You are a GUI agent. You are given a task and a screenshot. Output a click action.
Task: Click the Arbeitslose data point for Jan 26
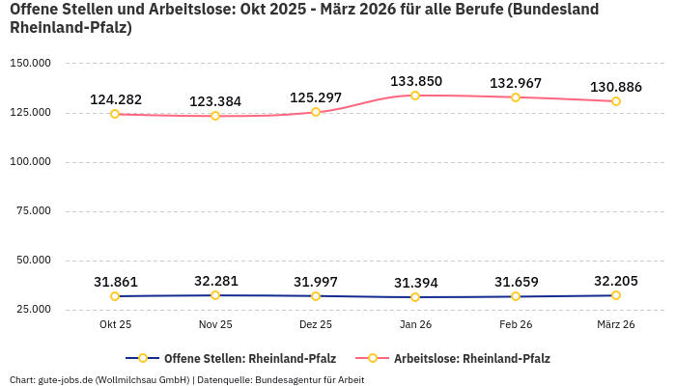(415, 96)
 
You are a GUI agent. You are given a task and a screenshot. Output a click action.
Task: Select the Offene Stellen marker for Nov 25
(215, 295)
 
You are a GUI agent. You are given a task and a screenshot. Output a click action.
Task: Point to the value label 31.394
(415, 283)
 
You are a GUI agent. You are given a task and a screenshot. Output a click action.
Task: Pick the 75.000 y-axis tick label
(33, 211)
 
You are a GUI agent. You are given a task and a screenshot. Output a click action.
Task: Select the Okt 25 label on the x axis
(115, 324)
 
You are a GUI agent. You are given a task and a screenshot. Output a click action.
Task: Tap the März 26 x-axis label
(616, 324)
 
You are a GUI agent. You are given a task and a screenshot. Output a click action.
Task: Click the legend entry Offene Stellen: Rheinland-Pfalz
(237, 358)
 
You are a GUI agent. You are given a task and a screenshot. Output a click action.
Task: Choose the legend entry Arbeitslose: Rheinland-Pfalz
(471, 358)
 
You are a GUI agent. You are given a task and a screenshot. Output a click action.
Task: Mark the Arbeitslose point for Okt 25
(115, 114)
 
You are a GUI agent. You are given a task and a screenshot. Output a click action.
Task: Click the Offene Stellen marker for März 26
(616, 295)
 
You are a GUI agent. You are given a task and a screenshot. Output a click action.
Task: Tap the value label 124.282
(115, 99)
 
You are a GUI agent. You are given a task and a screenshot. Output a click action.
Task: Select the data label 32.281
(215, 281)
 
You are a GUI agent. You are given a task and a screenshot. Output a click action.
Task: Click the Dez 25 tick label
(316, 324)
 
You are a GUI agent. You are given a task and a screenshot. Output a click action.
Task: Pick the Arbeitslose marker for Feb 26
(516, 97)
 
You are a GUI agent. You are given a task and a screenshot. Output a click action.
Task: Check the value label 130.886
(616, 87)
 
